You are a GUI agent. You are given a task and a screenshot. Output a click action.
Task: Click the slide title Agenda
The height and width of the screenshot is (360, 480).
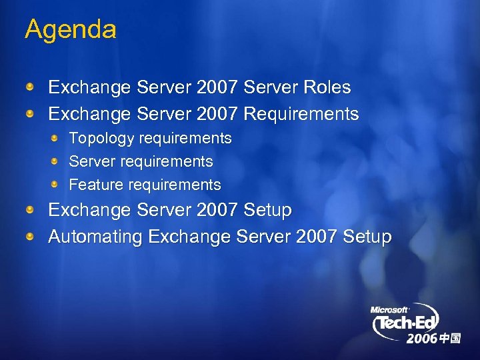coord(70,30)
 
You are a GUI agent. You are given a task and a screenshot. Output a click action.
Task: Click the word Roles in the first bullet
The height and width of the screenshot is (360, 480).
coord(326,87)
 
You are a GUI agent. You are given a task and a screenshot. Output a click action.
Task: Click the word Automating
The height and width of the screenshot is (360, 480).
coord(95,237)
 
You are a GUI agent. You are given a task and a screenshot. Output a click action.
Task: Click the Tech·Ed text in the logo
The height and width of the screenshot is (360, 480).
coord(409,325)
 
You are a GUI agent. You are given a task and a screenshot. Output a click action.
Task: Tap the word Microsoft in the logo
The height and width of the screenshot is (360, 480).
coord(389,310)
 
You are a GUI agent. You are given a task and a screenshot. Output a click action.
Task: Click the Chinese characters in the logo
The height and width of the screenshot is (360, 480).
coord(450,339)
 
